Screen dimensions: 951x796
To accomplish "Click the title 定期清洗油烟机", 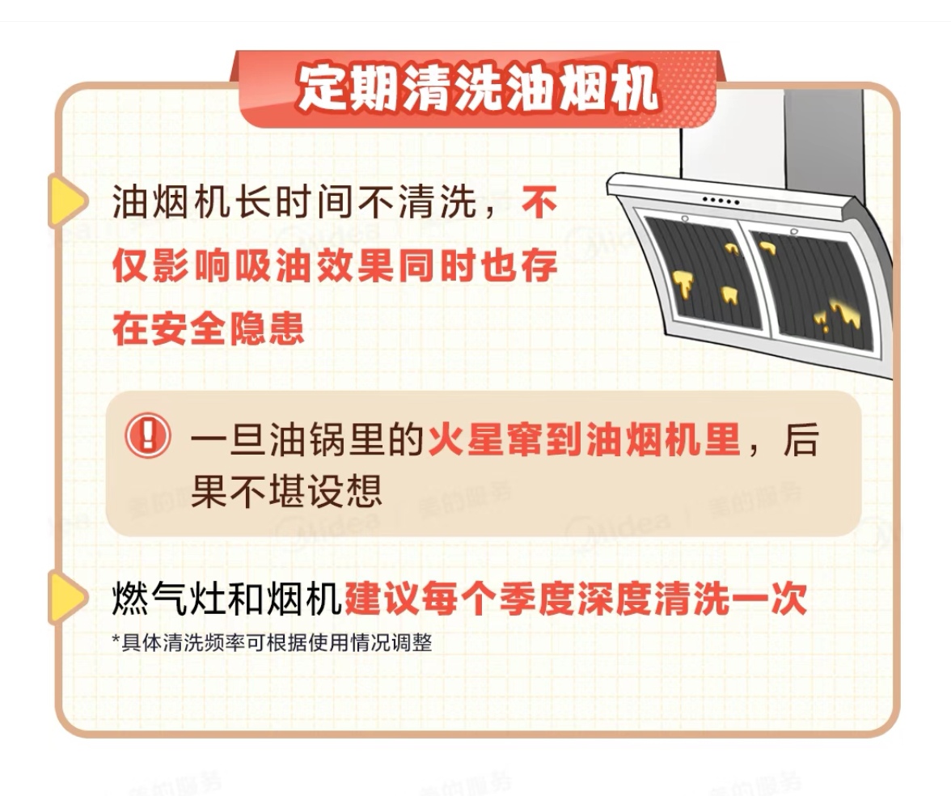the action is click(x=477, y=89).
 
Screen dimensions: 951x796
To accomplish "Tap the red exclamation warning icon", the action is click(x=148, y=435).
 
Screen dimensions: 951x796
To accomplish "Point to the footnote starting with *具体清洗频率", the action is click(x=272, y=642).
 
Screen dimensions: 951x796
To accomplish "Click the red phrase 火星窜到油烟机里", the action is click(x=584, y=438).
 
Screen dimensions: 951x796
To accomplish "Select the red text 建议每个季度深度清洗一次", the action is click(x=576, y=599).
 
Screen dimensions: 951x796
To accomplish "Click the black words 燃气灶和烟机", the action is click(x=227, y=599).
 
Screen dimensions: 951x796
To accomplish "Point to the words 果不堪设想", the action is click(x=286, y=490).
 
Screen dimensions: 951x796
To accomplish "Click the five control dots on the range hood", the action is click(x=721, y=201).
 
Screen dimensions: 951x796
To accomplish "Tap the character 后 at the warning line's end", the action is click(x=801, y=438).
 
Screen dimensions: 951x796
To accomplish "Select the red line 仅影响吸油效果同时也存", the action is click(x=335, y=265).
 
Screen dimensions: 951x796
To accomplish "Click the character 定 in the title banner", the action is click(x=322, y=89).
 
